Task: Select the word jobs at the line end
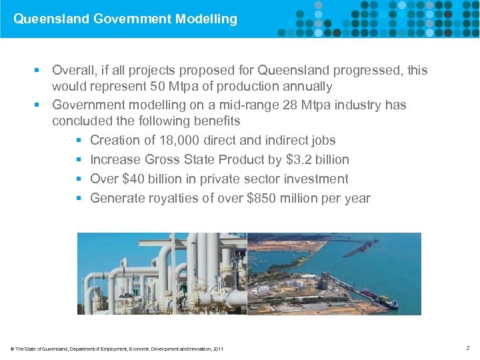click(323, 140)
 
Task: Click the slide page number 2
click(469, 348)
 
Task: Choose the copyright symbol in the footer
click(12, 349)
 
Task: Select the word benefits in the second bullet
click(216, 122)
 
